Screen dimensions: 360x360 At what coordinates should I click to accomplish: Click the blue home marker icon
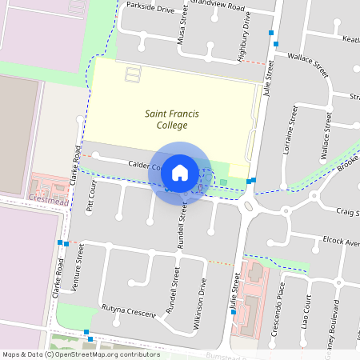[x=180, y=172]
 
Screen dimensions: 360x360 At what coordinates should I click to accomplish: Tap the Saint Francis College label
[x=166, y=120]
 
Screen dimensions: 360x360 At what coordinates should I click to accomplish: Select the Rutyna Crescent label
[x=128, y=311]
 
